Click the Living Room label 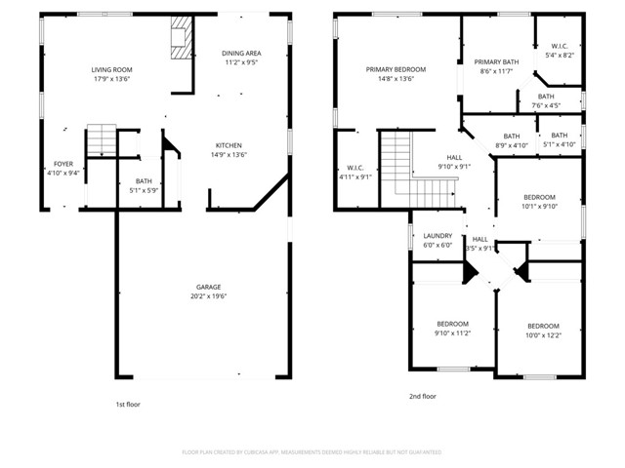(x=111, y=70)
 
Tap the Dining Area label (x=240, y=54)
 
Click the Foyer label (x=62, y=164)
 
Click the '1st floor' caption (x=127, y=403)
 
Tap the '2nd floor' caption (x=422, y=397)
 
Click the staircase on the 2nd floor (x=396, y=162)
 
